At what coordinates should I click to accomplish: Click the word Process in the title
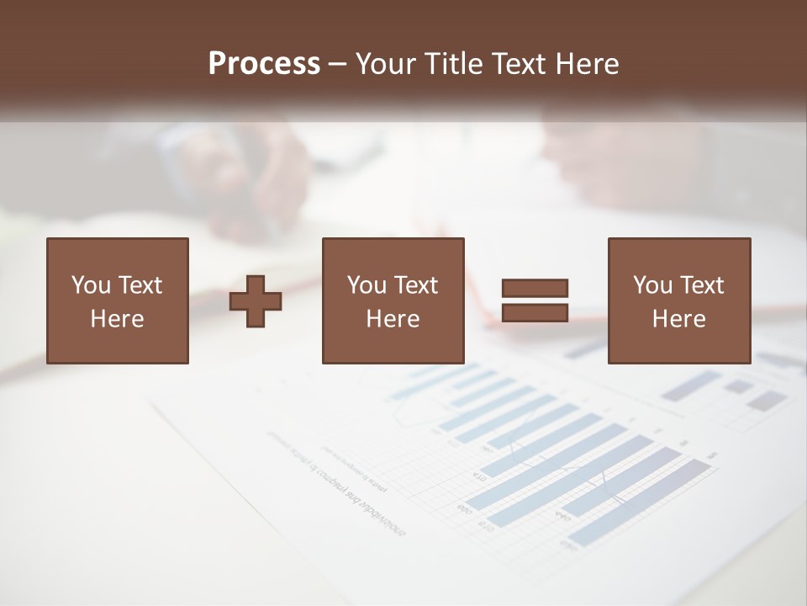(x=264, y=64)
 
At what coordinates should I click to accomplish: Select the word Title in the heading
(x=455, y=64)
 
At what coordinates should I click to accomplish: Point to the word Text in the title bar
(x=518, y=64)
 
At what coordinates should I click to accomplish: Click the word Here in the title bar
(x=588, y=64)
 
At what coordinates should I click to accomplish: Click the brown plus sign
(x=256, y=301)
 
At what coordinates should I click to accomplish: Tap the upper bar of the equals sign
(x=535, y=289)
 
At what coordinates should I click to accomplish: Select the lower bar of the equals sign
(x=535, y=313)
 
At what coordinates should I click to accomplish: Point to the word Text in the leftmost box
(x=140, y=285)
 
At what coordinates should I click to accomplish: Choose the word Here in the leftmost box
(x=117, y=319)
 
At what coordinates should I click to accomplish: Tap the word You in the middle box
(x=367, y=285)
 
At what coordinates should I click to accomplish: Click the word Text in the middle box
(x=416, y=285)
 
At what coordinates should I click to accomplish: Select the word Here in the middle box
(x=393, y=319)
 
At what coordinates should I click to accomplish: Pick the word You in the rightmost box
(x=652, y=285)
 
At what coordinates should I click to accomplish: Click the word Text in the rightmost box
(x=702, y=285)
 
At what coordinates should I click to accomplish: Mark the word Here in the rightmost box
(x=678, y=319)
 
